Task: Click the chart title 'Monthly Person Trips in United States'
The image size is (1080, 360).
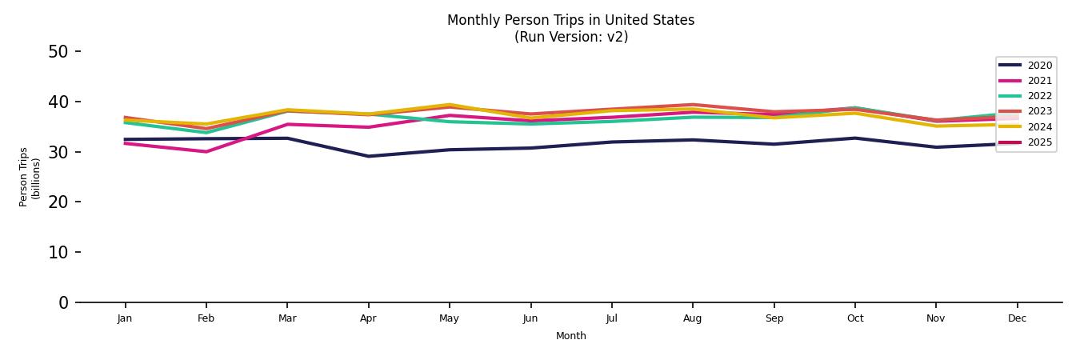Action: (570, 20)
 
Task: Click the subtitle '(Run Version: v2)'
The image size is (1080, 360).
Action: (570, 37)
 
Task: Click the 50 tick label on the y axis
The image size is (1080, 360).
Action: (58, 52)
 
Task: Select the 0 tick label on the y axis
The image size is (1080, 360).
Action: (64, 302)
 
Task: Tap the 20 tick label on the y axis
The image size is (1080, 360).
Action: (58, 202)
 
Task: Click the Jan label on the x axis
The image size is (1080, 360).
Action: (125, 318)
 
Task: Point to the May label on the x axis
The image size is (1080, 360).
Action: (449, 318)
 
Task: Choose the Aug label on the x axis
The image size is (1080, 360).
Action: (692, 318)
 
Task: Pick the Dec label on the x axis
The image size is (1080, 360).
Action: (1017, 318)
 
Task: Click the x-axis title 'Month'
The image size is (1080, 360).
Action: (570, 336)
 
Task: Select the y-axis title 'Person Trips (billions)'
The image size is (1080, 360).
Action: (30, 177)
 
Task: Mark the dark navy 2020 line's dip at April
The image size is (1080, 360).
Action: (368, 156)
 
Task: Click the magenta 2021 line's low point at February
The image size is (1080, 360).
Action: (206, 152)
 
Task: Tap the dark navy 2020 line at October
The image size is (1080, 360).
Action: (854, 138)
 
